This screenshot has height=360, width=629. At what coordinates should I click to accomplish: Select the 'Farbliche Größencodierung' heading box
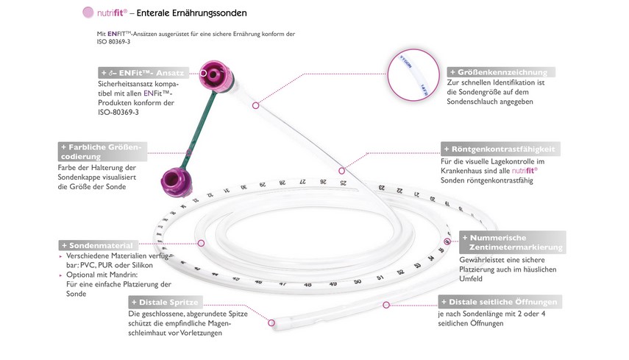[x=103, y=151]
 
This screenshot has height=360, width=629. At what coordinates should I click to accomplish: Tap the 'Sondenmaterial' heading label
[x=98, y=245]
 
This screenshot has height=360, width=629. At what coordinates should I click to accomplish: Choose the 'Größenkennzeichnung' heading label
[x=501, y=72]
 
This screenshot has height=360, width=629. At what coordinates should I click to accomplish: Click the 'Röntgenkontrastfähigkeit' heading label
[x=500, y=148]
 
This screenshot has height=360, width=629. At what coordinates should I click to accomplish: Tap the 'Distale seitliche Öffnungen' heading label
[x=497, y=302]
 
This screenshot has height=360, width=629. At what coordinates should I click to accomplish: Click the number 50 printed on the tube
[x=357, y=280]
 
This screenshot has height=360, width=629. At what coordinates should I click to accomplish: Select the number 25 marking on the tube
[x=343, y=181]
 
